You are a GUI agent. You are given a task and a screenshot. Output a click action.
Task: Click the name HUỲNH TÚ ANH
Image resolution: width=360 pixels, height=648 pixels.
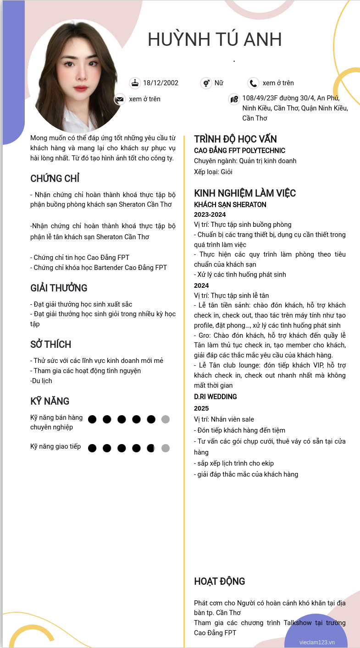click(x=215, y=40)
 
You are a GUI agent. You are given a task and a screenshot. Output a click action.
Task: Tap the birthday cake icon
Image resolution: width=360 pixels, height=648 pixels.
click(x=135, y=83)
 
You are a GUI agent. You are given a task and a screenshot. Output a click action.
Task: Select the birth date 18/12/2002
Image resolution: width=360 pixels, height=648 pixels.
click(x=161, y=83)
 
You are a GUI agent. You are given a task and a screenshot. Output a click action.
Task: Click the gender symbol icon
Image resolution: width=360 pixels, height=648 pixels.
click(x=206, y=83)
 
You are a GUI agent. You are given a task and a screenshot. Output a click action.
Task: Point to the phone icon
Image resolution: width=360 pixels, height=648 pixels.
click(x=253, y=83)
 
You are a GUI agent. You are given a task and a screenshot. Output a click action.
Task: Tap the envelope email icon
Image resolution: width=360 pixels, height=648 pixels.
click(x=120, y=99)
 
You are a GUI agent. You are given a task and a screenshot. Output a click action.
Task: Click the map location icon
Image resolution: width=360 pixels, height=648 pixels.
click(x=234, y=99)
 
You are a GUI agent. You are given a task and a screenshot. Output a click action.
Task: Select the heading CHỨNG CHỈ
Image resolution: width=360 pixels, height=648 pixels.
click(x=55, y=179)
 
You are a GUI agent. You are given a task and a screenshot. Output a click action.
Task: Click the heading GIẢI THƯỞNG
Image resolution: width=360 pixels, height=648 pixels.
click(x=59, y=288)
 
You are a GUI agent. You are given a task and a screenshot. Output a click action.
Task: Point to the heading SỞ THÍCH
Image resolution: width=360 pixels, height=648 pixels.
click(x=51, y=345)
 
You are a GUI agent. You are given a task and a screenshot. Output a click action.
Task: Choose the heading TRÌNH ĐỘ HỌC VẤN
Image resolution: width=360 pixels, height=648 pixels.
click(x=235, y=139)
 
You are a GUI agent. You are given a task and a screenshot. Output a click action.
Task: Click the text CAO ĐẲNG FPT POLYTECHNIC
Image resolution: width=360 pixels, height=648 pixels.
click(x=239, y=151)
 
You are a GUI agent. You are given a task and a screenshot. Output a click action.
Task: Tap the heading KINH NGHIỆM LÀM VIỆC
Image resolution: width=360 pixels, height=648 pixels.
click(x=245, y=193)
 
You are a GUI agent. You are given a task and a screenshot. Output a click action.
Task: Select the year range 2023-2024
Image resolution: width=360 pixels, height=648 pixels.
click(x=210, y=214)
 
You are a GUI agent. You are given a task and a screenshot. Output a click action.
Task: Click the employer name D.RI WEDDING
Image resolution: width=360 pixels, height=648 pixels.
click(x=215, y=397)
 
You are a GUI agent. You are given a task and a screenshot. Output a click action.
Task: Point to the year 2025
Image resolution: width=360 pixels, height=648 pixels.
click(x=201, y=408)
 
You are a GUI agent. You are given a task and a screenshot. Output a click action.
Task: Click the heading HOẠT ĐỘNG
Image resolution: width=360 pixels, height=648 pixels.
click(x=220, y=582)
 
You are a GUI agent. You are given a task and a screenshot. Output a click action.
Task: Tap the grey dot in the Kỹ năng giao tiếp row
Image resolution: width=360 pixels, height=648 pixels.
click(x=166, y=448)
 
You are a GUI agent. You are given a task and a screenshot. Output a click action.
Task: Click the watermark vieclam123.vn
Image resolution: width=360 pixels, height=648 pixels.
click(x=317, y=643)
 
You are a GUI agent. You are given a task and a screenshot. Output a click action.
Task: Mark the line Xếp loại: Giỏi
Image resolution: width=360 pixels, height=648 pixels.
click(x=213, y=172)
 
